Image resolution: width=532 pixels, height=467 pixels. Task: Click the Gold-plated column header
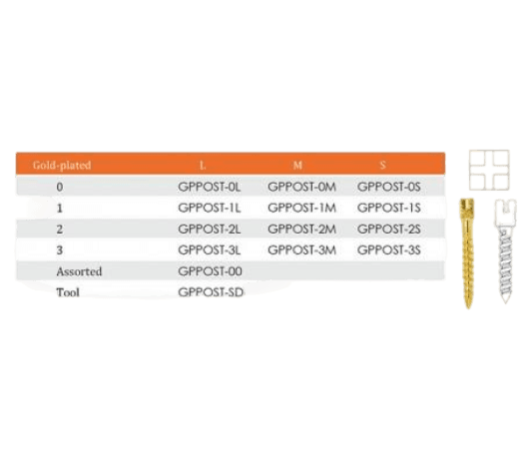pyautogui.click(x=62, y=166)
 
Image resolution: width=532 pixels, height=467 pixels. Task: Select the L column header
pyautogui.click(x=203, y=166)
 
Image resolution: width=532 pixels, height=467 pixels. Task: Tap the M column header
pyautogui.click(x=297, y=166)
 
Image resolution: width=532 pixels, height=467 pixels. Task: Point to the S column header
pyautogui.click(x=382, y=166)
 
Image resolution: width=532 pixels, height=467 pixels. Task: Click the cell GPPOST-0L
pyautogui.click(x=210, y=187)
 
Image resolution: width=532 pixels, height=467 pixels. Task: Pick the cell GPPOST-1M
pyautogui.click(x=301, y=208)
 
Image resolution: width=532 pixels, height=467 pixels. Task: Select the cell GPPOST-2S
pyautogui.click(x=389, y=230)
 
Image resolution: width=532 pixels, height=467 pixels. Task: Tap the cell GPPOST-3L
pyautogui.click(x=210, y=250)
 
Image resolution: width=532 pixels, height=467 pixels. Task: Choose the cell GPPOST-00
pyautogui.click(x=210, y=271)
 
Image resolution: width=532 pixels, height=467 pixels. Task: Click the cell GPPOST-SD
pyautogui.click(x=211, y=292)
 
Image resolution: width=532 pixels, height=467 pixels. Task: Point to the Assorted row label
pyautogui.click(x=79, y=271)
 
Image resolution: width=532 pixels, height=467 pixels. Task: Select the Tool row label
pyautogui.click(x=68, y=292)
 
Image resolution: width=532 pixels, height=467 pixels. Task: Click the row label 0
pyautogui.click(x=60, y=187)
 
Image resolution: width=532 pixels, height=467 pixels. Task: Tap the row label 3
pyautogui.click(x=60, y=250)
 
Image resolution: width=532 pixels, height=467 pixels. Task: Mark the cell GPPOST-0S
pyautogui.click(x=389, y=187)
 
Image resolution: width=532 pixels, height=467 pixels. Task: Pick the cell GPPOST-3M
pyautogui.click(x=301, y=250)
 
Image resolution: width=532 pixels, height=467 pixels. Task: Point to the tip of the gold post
pyautogui.click(x=468, y=307)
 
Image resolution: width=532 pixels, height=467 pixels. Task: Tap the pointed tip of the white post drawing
pyautogui.click(x=505, y=301)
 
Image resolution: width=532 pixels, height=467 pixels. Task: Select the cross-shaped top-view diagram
pyautogui.click(x=489, y=170)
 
